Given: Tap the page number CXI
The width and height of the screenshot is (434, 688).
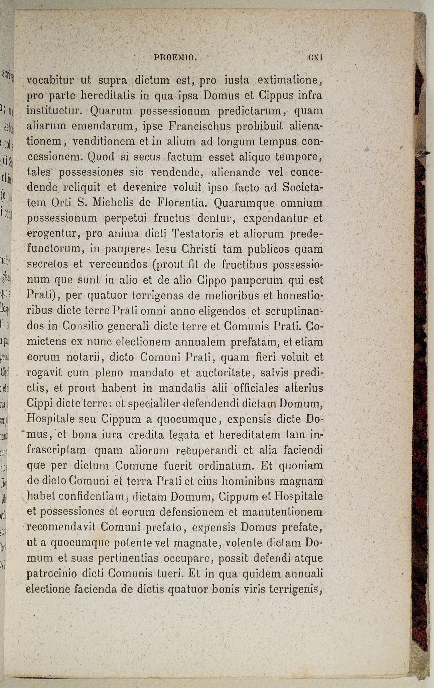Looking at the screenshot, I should click(x=315, y=57).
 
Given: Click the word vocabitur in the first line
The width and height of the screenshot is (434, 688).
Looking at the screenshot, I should click(x=50, y=80).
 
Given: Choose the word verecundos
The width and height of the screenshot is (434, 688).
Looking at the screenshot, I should click(x=119, y=264).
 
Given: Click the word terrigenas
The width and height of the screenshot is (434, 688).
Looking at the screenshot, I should click(x=159, y=295).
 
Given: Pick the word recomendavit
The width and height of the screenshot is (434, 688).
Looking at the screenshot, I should click(x=61, y=527).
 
